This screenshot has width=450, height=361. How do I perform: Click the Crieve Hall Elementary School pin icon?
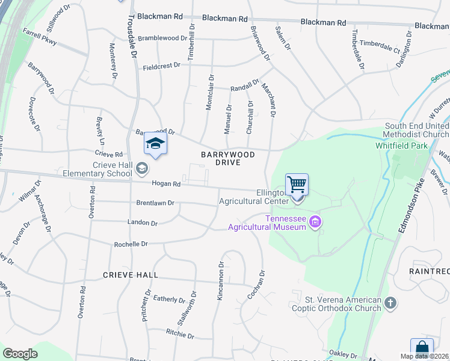tap(141, 168)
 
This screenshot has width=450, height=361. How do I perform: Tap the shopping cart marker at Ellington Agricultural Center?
tap(297, 185)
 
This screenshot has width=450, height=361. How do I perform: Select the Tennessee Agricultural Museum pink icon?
tap(315, 223)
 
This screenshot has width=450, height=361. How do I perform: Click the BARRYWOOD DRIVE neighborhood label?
tap(228, 159)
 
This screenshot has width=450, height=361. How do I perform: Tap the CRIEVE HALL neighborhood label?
tap(131, 275)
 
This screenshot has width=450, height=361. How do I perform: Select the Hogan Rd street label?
tap(166, 184)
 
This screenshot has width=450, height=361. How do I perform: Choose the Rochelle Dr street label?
tap(131, 244)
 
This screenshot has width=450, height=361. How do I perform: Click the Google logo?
tap(20, 354)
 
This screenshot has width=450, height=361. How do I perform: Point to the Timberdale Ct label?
tap(380, 47)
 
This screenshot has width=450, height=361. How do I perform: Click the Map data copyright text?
tap(424, 356)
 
